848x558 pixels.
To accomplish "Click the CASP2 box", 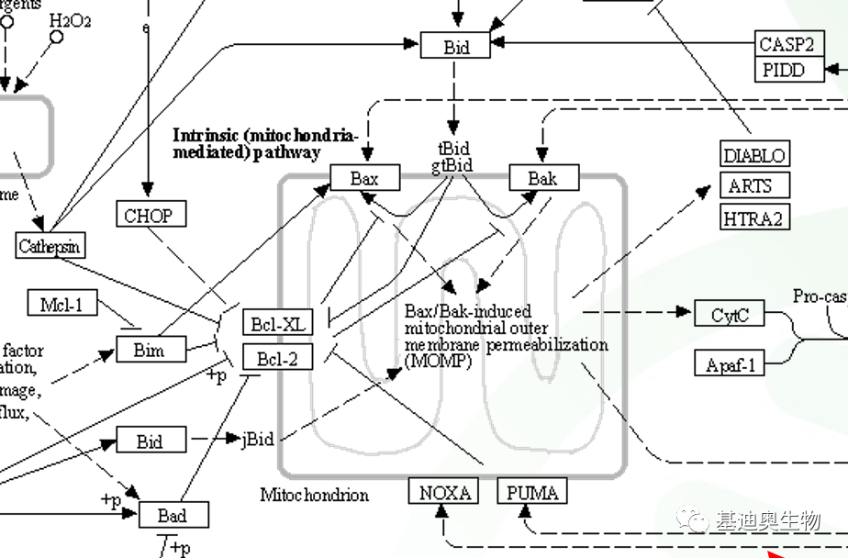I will click(787, 44).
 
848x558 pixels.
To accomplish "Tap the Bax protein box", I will click(364, 178).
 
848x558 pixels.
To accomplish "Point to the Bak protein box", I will click(544, 178).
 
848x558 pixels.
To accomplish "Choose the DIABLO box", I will click(754, 155).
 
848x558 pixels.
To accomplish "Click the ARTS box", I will click(750, 186).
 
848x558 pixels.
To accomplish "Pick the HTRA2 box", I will click(754, 218).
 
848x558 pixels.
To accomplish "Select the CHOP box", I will click(149, 216).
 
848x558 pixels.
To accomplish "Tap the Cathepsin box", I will click(50, 246).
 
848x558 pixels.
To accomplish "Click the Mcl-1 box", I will click(62, 304).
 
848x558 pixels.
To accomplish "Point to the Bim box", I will click(150, 349).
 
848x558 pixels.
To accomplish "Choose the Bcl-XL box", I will click(277, 324).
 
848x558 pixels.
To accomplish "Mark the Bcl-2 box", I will click(277, 357).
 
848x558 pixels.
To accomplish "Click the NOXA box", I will click(444, 493).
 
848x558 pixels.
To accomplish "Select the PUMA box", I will click(531, 493).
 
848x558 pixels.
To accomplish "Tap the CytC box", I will click(731, 315).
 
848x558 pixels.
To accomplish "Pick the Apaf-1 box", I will click(731, 364).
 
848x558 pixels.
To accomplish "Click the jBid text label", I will click(258, 440).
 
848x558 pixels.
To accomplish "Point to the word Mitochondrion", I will click(314, 496).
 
